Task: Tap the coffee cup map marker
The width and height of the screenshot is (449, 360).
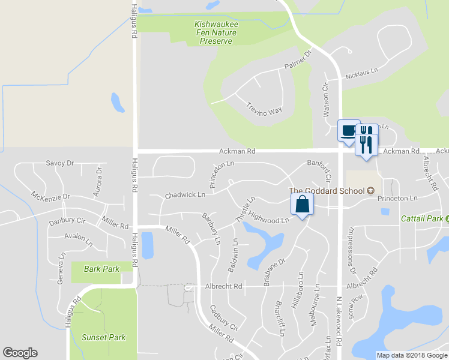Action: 348,131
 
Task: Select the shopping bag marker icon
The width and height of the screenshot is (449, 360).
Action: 302,205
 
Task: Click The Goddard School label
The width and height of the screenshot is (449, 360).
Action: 327,191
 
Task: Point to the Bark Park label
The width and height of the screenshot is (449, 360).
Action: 101,269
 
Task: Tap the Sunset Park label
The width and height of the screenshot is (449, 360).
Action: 104,337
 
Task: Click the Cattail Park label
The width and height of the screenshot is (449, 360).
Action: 422,218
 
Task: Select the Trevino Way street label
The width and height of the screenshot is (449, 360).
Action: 264,109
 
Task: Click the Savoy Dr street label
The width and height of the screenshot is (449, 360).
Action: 59,163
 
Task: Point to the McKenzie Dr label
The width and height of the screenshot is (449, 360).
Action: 51,196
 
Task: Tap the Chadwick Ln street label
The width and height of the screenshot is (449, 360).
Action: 185,195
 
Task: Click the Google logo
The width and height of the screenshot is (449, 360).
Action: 20,353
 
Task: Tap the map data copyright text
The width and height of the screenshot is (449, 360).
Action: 412,355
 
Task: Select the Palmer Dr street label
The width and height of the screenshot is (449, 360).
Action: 299,62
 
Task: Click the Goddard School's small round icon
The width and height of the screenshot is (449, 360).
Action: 370,191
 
